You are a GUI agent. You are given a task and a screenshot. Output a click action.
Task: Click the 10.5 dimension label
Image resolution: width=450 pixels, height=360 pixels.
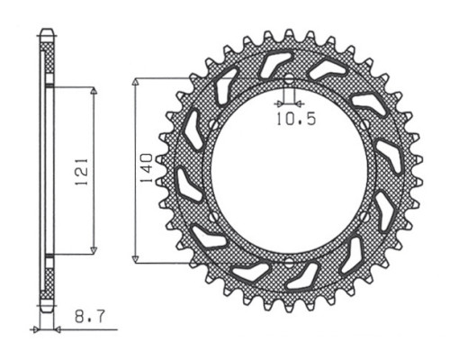296,119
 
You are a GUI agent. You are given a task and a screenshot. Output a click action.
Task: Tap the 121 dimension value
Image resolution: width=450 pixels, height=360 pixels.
82,171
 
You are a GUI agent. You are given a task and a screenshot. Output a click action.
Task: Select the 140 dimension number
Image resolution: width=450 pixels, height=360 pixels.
147,168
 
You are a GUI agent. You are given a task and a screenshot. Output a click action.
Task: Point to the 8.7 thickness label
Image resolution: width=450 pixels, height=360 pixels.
90,317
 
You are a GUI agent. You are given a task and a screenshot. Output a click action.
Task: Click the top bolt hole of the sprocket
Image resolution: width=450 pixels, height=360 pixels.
289,79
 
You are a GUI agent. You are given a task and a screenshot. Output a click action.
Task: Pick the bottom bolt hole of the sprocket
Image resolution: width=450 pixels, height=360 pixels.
289,263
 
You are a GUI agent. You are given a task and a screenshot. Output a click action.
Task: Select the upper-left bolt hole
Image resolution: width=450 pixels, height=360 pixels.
213,124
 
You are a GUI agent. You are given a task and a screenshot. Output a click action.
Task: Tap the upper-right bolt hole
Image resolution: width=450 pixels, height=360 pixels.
364,124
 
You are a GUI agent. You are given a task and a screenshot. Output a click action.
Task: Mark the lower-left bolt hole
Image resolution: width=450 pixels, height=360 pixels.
213,217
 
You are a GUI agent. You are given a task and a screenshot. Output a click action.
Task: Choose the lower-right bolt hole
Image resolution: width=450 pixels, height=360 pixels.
364,216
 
